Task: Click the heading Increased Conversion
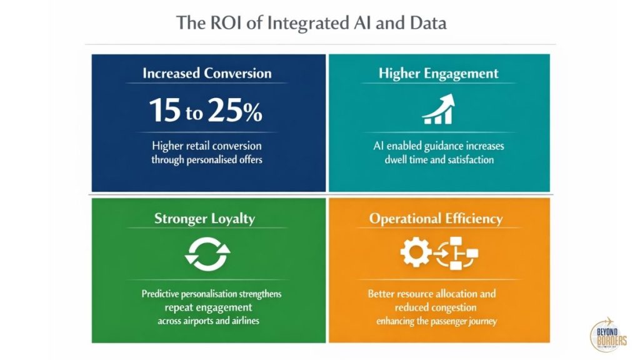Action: (x=207, y=73)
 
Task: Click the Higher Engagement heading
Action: (x=438, y=73)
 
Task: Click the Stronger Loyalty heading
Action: (x=204, y=218)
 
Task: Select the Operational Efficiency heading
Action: (x=436, y=218)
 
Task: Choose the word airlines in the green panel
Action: (x=244, y=321)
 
